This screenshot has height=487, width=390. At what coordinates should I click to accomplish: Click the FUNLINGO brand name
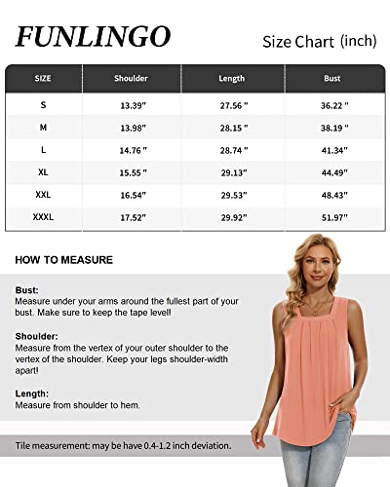[x=93, y=37]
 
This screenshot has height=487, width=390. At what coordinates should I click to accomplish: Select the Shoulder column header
[x=132, y=78]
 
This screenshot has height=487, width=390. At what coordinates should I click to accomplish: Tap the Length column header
[x=232, y=78]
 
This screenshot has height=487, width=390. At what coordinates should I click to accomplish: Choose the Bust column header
[x=331, y=78]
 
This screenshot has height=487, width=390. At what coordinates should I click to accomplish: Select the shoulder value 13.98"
[x=132, y=126]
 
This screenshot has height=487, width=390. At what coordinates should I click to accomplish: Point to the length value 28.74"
[x=232, y=149]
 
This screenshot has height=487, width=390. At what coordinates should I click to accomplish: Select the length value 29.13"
[x=232, y=172]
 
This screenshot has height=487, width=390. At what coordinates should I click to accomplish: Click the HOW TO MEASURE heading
[x=64, y=260]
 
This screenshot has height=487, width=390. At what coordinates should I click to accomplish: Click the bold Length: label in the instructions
[x=33, y=393]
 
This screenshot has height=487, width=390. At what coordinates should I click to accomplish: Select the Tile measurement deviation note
[x=123, y=445]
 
